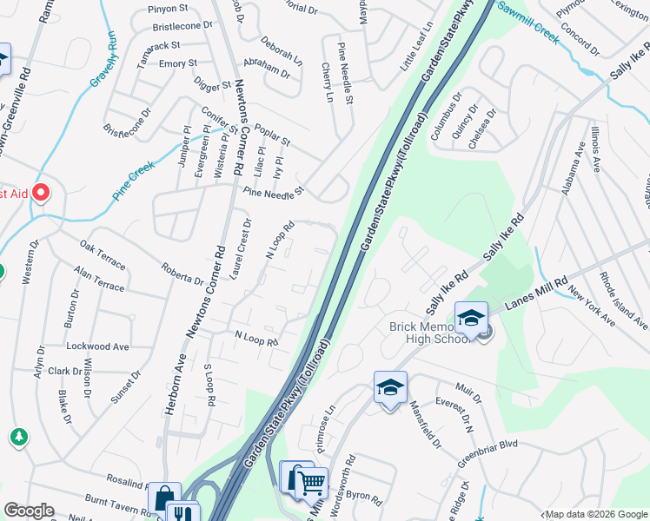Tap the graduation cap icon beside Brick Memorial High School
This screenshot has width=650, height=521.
(470, 319)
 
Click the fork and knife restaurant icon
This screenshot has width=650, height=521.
(182, 515)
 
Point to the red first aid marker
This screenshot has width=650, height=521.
(41, 192)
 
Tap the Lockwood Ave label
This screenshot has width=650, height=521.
(96, 346)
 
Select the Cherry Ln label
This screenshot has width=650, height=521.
(327, 82)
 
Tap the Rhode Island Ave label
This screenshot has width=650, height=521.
(624, 300)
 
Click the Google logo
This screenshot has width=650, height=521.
(30, 511)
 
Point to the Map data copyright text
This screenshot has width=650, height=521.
(595, 514)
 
